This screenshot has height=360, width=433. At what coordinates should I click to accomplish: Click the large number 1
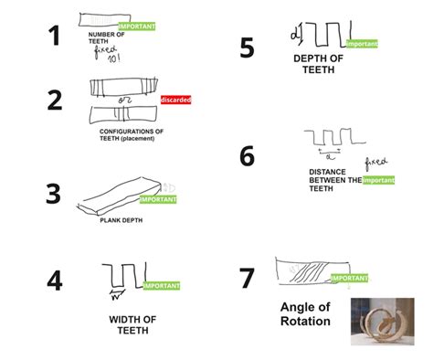click(x=54, y=36)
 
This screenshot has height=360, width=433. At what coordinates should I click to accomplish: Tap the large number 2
click(x=55, y=100)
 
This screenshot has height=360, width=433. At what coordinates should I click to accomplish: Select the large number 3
click(x=54, y=195)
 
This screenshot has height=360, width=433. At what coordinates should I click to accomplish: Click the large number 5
click(x=248, y=48)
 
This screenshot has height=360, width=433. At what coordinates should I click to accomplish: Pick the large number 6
click(x=248, y=156)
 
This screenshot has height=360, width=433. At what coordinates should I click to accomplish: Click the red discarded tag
click(x=175, y=99)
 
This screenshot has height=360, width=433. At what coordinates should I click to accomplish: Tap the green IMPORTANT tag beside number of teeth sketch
click(x=137, y=26)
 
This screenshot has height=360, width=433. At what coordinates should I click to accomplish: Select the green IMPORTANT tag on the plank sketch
click(x=157, y=198)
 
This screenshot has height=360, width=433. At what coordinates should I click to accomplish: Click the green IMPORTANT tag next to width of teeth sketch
click(x=161, y=285)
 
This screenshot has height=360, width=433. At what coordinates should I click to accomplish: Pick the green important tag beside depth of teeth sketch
click(x=362, y=43)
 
